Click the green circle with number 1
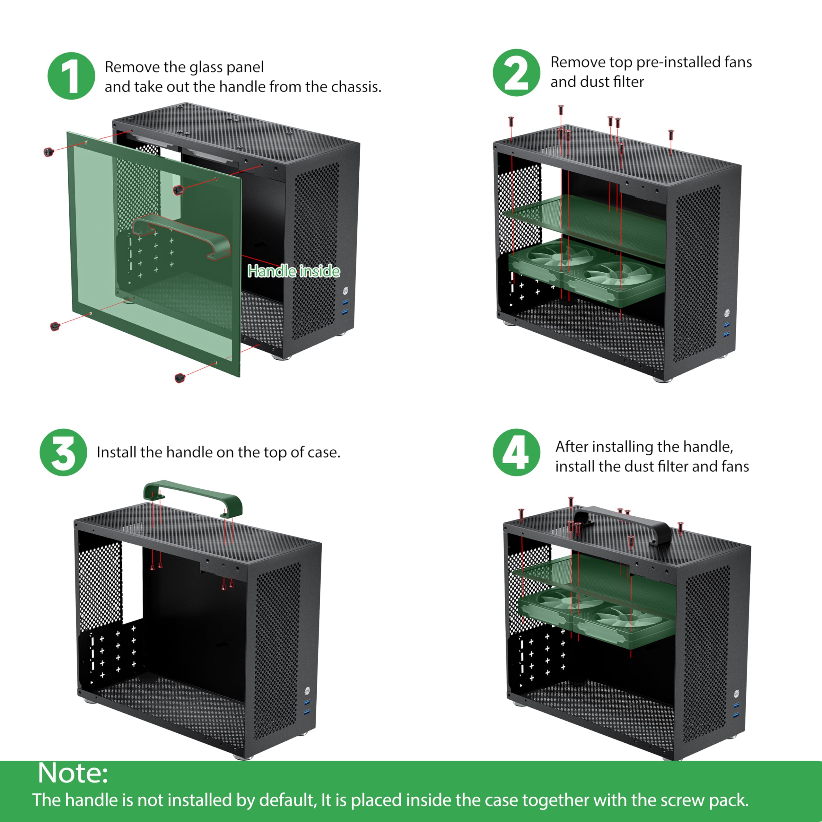[71, 76]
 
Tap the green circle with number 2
[516, 73]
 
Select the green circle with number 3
[63, 452]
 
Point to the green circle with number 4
[516, 452]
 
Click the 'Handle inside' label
[293, 271]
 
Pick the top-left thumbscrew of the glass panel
[49, 152]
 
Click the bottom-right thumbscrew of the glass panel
[180, 378]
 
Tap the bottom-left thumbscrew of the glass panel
[55, 326]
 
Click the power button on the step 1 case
[345, 290]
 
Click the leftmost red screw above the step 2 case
[511, 121]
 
